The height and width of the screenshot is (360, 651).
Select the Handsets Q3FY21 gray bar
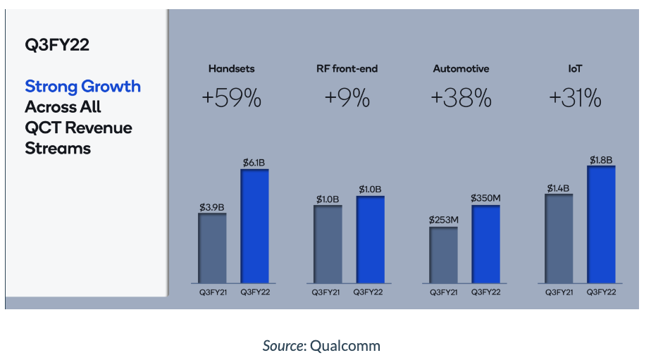(x=212, y=247)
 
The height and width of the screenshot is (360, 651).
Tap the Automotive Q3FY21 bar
(x=443, y=254)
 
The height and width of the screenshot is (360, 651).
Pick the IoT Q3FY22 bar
(x=601, y=224)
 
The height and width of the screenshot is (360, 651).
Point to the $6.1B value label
(x=254, y=163)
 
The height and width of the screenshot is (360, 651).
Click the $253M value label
(x=443, y=220)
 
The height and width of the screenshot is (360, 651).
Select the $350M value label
(x=485, y=198)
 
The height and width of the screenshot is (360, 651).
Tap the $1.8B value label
(x=601, y=159)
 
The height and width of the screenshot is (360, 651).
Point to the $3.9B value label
(x=212, y=206)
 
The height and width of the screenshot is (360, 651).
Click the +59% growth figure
(x=231, y=99)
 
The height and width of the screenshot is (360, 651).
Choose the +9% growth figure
(x=347, y=99)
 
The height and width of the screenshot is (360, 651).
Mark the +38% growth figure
(x=461, y=99)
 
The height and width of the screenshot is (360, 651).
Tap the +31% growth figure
(x=576, y=99)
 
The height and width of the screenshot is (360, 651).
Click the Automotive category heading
(x=461, y=69)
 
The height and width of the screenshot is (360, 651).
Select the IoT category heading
(x=576, y=69)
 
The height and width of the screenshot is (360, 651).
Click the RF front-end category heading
(x=347, y=69)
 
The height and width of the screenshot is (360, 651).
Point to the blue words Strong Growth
(x=82, y=87)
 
